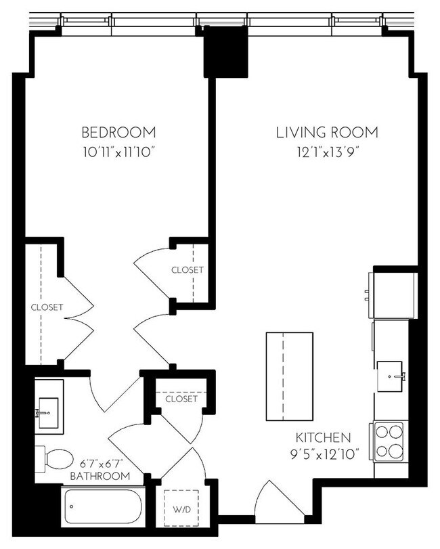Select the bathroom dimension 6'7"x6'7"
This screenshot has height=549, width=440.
coord(102,463)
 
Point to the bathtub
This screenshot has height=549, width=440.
coord(102,507)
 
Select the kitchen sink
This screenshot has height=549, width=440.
coord(391,373)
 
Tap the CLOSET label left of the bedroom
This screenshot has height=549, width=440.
coord(47,307)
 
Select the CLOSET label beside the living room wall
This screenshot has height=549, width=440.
coord(187,270)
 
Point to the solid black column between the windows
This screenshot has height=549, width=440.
coord(226,52)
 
